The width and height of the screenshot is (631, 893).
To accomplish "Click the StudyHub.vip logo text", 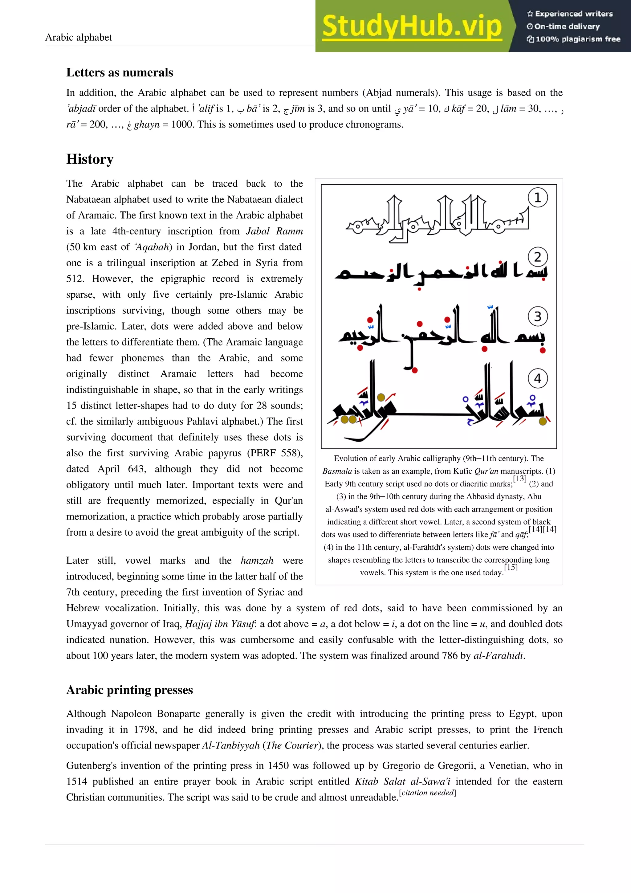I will [x=412, y=27].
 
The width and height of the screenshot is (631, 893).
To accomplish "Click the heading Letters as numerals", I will [x=120, y=72].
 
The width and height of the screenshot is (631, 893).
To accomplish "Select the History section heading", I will [x=90, y=159].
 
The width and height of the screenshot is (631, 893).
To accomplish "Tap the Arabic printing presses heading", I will [x=129, y=690].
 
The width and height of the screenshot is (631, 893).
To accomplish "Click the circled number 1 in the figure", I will [x=537, y=198].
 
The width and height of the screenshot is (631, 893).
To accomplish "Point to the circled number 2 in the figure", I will [x=537, y=257].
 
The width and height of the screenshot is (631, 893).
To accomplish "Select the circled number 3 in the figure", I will [x=537, y=316].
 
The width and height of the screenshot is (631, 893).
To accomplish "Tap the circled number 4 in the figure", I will [x=537, y=378].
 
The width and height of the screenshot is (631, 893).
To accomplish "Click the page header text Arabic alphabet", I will [x=79, y=37].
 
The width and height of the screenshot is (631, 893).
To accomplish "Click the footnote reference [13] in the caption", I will [x=519, y=479].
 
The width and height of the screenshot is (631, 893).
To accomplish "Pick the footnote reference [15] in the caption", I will [x=511, y=568].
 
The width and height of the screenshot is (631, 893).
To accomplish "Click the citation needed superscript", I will [x=427, y=793].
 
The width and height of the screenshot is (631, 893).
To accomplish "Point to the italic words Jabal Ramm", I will [x=274, y=231].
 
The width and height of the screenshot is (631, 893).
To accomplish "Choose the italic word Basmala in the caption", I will [x=337, y=471].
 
